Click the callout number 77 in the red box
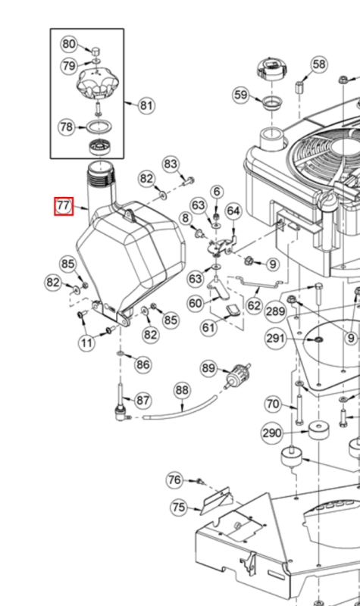(x=63, y=205)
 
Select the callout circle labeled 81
(x=146, y=105)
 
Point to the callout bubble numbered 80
(x=69, y=44)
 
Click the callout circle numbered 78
(x=67, y=127)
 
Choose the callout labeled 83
(x=171, y=164)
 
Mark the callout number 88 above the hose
(x=182, y=391)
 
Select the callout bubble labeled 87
(x=142, y=399)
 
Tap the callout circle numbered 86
(x=142, y=364)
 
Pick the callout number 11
(x=88, y=342)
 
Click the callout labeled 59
(x=240, y=95)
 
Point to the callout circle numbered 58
(x=319, y=64)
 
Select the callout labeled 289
(x=276, y=311)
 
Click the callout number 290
(x=272, y=433)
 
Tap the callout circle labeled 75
(x=178, y=507)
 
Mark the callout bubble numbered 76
(x=175, y=479)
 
